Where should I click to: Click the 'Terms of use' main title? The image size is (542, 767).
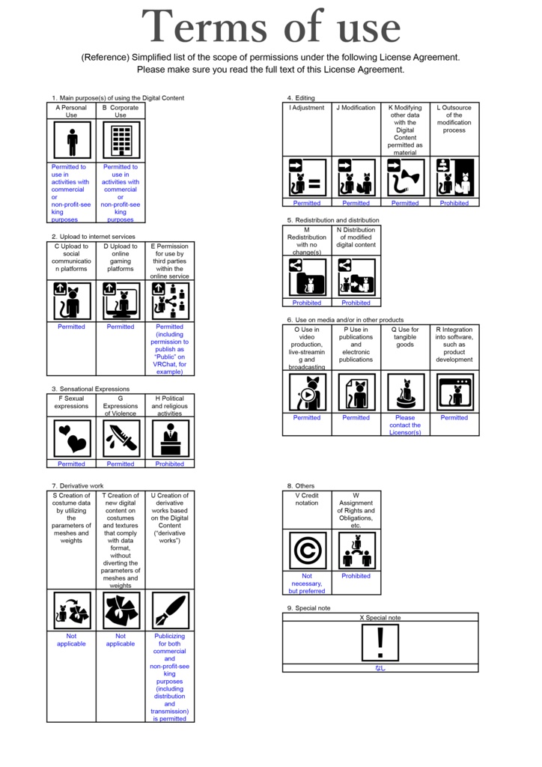click(x=271, y=28)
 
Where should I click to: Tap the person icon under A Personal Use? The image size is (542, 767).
click(x=72, y=140)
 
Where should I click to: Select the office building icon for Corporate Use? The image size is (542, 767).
click(x=121, y=140)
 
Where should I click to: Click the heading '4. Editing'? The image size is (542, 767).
click(x=301, y=98)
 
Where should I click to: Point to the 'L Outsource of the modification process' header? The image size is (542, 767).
click(x=454, y=119)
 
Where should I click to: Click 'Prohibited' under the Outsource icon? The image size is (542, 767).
click(x=454, y=203)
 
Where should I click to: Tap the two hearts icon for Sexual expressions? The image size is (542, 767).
click(x=72, y=438)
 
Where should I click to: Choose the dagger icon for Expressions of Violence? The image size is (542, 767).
click(x=121, y=438)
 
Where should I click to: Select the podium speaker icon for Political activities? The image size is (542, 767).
click(x=170, y=438)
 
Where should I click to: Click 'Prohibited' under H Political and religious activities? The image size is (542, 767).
click(x=170, y=464)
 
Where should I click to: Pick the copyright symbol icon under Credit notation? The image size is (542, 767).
click(x=307, y=551)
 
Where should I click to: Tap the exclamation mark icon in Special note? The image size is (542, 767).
click(x=380, y=643)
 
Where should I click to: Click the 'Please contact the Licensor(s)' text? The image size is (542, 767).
click(x=405, y=425)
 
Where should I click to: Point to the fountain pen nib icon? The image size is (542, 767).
click(x=170, y=610)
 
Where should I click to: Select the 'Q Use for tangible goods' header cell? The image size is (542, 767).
click(x=405, y=337)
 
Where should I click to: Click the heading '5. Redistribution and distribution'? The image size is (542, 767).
click(x=332, y=220)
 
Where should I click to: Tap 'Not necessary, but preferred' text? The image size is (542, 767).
click(x=307, y=583)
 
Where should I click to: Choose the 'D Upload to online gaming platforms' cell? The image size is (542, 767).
click(x=121, y=257)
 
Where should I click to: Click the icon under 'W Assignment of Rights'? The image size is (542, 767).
click(x=356, y=551)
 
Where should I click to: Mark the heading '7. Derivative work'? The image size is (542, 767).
click(x=78, y=486)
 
